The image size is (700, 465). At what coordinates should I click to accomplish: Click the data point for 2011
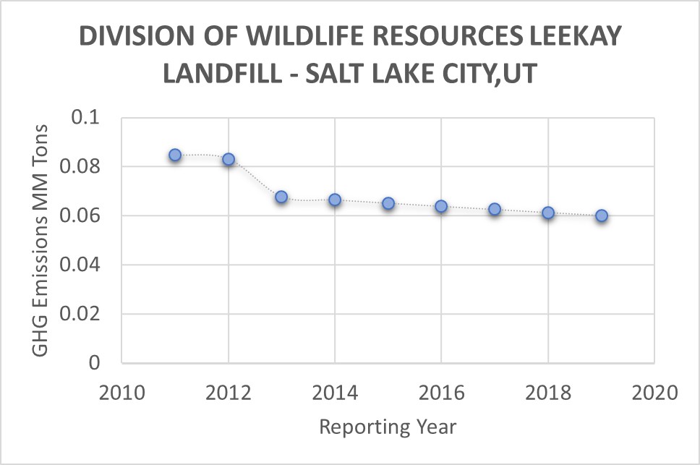click(175, 155)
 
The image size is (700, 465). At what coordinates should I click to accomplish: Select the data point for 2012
click(229, 159)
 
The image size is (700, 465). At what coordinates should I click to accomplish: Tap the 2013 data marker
click(281, 197)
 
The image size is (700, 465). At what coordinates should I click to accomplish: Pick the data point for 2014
click(335, 200)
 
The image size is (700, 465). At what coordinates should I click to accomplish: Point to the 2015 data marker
click(388, 203)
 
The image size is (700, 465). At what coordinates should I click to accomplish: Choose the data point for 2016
click(441, 206)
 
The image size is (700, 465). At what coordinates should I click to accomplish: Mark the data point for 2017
click(495, 209)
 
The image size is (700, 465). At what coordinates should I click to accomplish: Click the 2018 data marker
click(548, 213)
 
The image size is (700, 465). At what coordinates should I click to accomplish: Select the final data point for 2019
click(601, 216)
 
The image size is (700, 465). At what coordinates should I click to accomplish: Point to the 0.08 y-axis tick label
click(86, 166)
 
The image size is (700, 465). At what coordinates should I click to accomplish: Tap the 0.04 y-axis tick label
click(86, 265)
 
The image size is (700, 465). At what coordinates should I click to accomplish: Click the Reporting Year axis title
click(388, 427)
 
